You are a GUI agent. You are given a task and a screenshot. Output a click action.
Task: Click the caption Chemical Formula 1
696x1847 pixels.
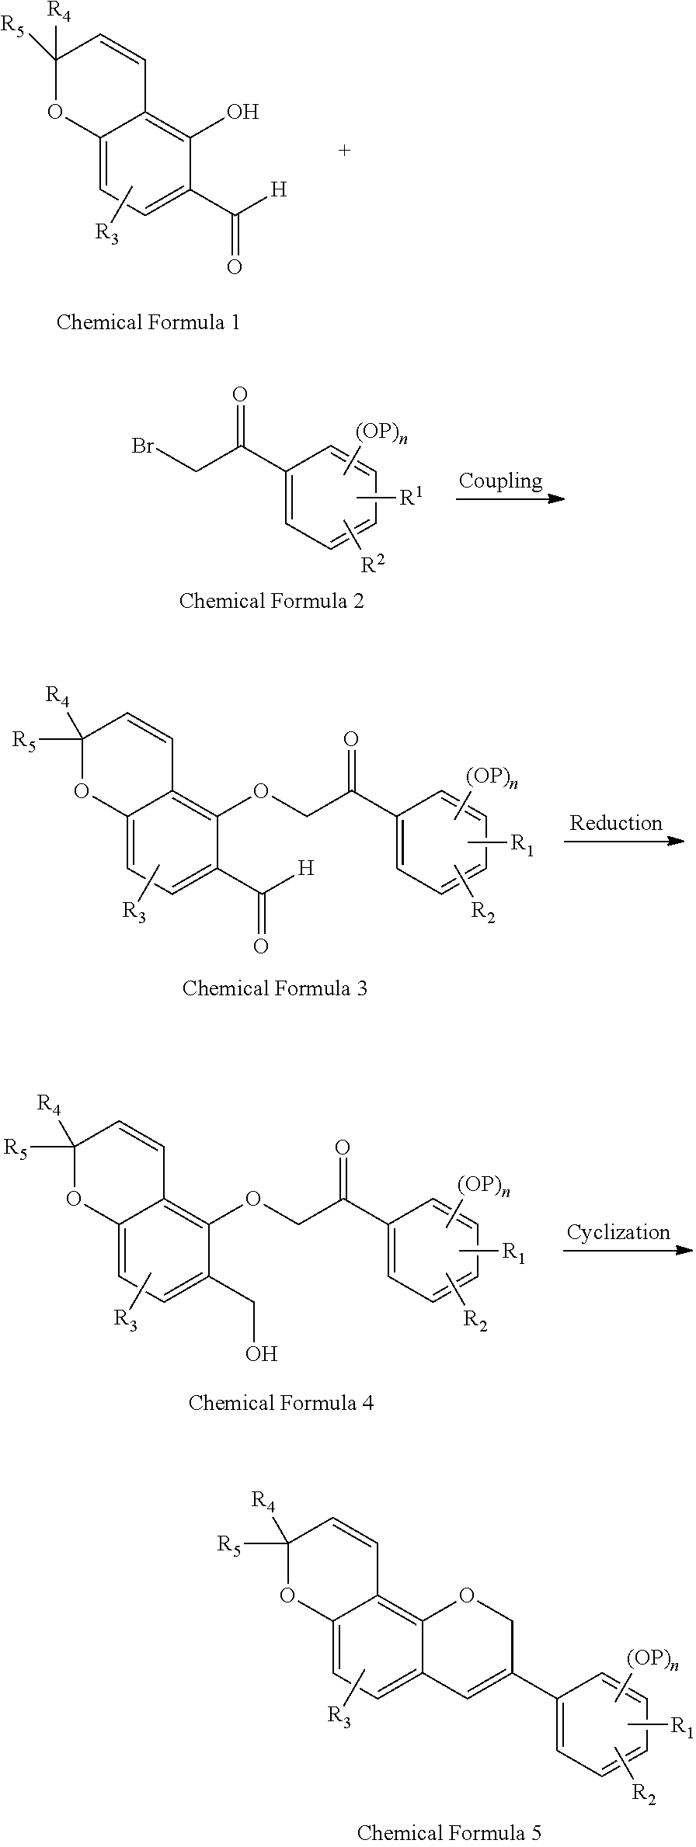148,322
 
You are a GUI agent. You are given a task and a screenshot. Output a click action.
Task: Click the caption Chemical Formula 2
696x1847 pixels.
271,600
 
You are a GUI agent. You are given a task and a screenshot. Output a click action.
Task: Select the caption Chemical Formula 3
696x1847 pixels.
274,988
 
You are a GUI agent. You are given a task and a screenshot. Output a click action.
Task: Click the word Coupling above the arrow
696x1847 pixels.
499,481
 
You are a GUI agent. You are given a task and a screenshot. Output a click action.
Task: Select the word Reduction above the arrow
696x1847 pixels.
615,823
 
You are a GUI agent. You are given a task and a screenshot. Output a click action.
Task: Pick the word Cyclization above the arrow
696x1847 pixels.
618,1232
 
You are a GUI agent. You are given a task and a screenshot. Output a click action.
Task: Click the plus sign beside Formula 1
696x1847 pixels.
344,151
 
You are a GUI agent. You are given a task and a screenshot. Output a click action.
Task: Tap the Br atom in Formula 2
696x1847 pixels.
143,446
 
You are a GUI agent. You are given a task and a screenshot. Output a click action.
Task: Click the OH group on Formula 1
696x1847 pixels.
242,113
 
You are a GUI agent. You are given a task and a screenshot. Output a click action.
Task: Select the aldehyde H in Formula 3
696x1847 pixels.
306,868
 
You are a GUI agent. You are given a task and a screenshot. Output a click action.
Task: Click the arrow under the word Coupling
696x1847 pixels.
510,498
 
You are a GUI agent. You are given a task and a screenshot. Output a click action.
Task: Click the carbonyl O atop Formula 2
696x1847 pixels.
241,395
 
